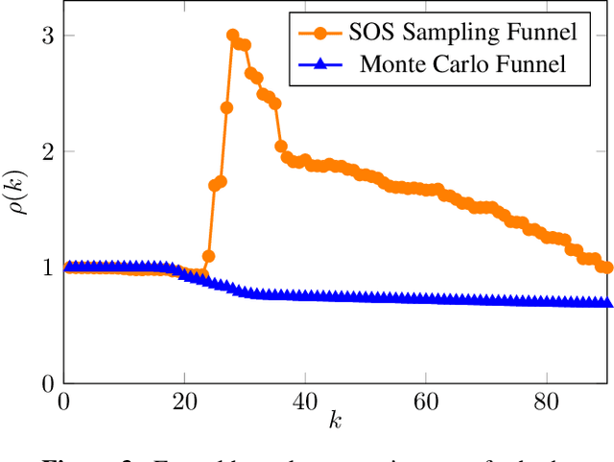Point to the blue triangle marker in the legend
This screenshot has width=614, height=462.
(319, 64)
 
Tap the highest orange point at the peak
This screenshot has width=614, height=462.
(233, 35)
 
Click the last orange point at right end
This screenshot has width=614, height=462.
(606, 267)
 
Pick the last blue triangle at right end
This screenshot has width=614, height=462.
(606, 302)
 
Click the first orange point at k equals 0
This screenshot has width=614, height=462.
(64, 267)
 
